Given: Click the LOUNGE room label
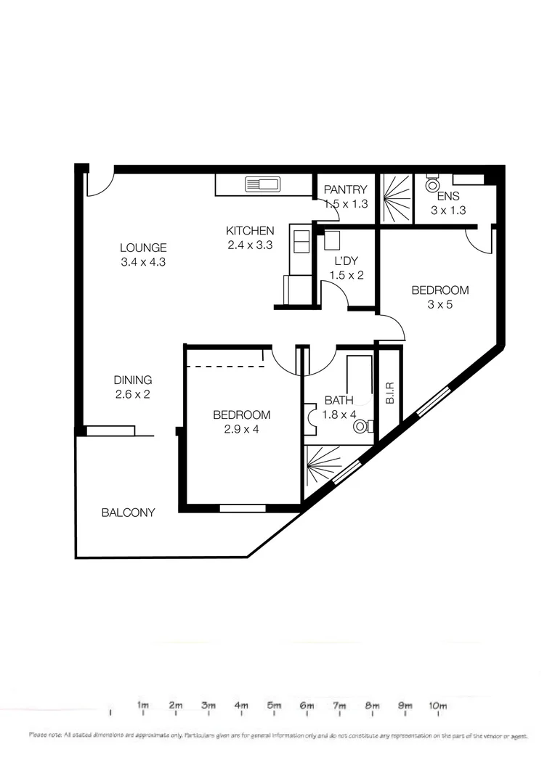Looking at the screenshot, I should (144, 248).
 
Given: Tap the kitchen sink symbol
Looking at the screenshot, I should (263, 184).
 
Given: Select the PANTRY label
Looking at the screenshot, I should (346, 190).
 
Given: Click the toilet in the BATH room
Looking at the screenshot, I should (362, 428).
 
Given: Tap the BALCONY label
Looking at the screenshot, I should (128, 513).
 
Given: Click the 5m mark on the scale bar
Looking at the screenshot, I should (274, 705).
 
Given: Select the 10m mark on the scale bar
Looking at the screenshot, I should (437, 705).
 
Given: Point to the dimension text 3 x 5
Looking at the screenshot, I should (440, 305).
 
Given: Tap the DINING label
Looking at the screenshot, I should (132, 380).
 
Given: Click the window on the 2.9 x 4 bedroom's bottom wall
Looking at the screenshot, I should (242, 508).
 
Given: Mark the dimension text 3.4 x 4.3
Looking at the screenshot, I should (144, 262).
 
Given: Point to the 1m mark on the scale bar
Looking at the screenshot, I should (143, 705).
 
